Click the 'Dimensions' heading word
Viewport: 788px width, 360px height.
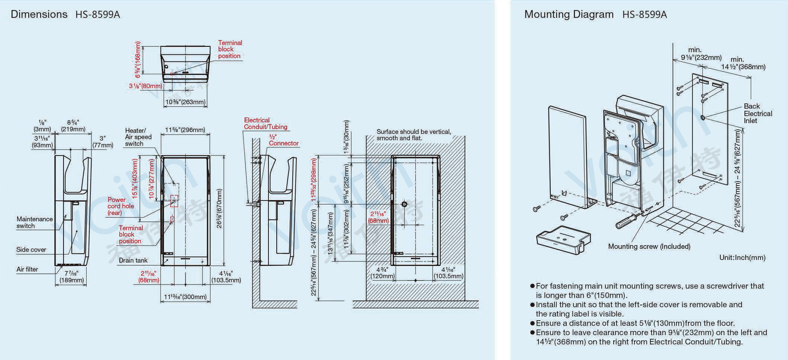(x=39, y=14)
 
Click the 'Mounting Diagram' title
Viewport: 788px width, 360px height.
(x=569, y=14)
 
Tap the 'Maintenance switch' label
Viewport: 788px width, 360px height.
(x=34, y=222)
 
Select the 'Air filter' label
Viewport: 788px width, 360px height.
(x=27, y=269)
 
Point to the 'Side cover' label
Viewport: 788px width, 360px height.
(x=31, y=250)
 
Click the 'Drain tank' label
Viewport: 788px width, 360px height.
(x=133, y=260)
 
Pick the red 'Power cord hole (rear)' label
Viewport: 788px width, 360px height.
(x=121, y=206)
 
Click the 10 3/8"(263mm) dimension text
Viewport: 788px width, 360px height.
(x=186, y=102)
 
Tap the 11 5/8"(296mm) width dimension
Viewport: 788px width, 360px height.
(x=185, y=130)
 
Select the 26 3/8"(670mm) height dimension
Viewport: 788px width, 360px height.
(x=219, y=209)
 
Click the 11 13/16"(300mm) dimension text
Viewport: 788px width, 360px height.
(x=186, y=297)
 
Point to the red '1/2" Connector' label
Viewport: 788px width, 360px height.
(x=283, y=140)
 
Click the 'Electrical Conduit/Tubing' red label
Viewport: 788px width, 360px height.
(x=266, y=124)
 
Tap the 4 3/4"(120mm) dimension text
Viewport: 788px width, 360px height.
(x=382, y=273)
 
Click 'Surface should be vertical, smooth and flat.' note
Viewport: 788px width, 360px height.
(x=414, y=135)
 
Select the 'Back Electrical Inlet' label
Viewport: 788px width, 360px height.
(x=758, y=113)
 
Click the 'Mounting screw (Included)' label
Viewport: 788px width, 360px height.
(x=649, y=246)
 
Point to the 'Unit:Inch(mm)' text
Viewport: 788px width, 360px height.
(x=742, y=258)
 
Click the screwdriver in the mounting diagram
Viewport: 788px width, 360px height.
(x=628, y=220)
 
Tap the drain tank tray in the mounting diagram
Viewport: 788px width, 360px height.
(x=564, y=240)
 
